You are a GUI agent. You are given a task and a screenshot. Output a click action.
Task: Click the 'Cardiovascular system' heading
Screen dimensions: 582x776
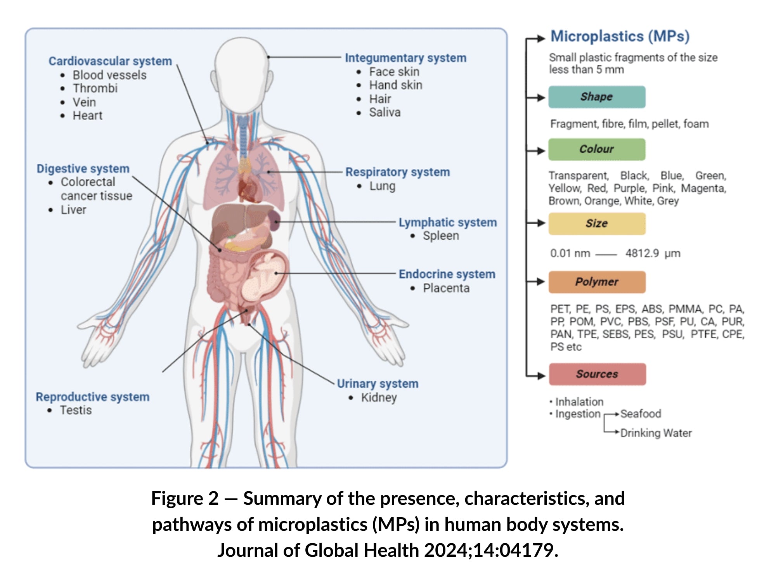[x=110, y=61]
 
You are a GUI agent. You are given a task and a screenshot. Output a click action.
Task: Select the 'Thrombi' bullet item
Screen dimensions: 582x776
[x=95, y=88]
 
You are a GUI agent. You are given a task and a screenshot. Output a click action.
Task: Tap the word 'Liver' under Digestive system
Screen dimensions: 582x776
[x=73, y=210]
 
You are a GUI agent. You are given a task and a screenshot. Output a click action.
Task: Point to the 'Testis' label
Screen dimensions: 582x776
[x=76, y=410]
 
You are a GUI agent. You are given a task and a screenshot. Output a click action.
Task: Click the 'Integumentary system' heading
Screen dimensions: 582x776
[x=405, y=58]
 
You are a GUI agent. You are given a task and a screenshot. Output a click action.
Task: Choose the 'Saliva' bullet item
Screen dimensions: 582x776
[x=385, y=113]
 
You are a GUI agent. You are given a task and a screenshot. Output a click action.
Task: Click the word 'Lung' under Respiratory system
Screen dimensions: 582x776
[x=382, y=186]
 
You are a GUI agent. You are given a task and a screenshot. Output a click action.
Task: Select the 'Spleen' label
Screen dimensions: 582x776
[x=441, y=236]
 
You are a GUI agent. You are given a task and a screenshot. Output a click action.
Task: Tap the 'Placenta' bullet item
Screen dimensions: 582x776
[x=446, y=288]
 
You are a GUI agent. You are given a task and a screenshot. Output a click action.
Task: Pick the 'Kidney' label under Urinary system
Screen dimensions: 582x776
[x=379, y=398]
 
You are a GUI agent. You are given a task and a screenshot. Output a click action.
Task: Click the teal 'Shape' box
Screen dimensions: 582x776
[x=597, y=97]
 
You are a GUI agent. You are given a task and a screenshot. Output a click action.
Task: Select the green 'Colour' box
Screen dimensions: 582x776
[x=597, y=149]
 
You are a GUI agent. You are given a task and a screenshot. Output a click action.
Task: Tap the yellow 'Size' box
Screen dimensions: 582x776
[x=597, y=223]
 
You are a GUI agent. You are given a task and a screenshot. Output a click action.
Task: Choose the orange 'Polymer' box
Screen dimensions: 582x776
[x=597, y=282]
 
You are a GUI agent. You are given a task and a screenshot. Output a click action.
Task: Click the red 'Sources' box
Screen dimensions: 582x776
[x=597, y=374]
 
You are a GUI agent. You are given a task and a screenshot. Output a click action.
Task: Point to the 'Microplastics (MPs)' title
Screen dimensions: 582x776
[x=620, y=36]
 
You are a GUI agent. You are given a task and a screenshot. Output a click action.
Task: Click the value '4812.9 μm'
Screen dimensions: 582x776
[x=653, y=253]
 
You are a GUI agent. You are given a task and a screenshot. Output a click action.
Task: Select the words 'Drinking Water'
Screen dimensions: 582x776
[x=656, y=433]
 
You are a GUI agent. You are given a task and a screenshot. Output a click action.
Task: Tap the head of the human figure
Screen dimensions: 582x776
[x=241, y=70]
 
